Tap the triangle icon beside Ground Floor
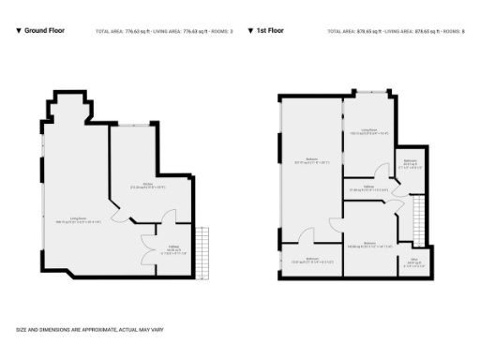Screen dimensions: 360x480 (19, 31)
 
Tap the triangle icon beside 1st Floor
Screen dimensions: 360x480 (251, 31)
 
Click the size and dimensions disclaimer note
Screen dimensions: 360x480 (83, 329)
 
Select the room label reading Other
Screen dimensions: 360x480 (413, 262)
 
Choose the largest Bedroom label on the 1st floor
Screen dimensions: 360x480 (310, 160)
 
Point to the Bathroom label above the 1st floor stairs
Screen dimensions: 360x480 (410, 163)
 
